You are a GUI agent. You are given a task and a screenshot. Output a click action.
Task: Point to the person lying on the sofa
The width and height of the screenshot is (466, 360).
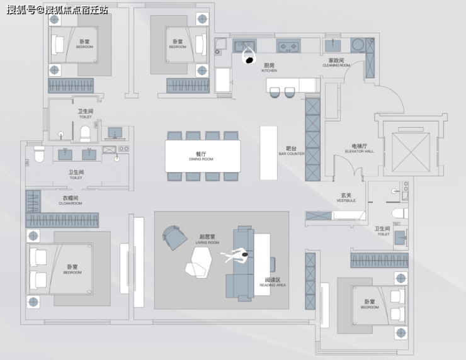(x=236, y=254)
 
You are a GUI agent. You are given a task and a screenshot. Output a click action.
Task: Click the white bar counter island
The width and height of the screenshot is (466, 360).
(x=268, y=153)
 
